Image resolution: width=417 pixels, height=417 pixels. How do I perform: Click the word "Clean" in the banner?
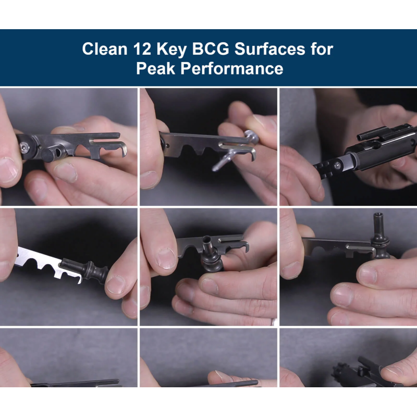[x=105, y=49]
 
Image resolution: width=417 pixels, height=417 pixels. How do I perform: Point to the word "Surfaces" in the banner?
[x=269, y=49]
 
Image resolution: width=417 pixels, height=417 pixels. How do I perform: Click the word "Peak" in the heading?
[x=155, y=68]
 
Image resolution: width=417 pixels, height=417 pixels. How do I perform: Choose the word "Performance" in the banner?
[x=232, y=68]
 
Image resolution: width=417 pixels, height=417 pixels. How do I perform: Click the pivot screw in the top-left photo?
[x=24, y=147]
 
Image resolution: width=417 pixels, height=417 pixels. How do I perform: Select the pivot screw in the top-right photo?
[x=337, y=166]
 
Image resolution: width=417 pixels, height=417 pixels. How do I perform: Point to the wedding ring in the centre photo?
[x=273, y=322]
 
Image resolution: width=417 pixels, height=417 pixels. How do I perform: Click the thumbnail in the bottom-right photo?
[x=393, y=371]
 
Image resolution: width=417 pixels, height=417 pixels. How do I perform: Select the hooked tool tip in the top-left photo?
[x=122, y=150]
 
